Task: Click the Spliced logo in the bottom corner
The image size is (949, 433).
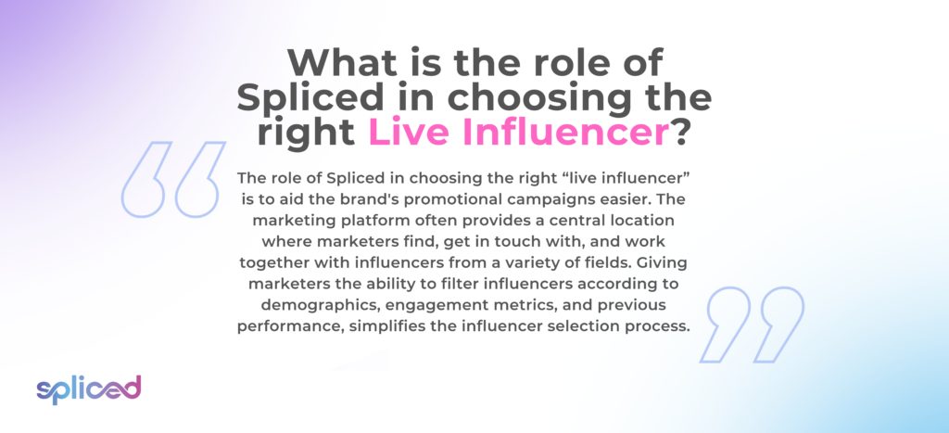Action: [88, 389]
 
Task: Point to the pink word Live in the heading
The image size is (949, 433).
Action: [411, 133]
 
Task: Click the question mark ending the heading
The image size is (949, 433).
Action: [681, 133]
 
